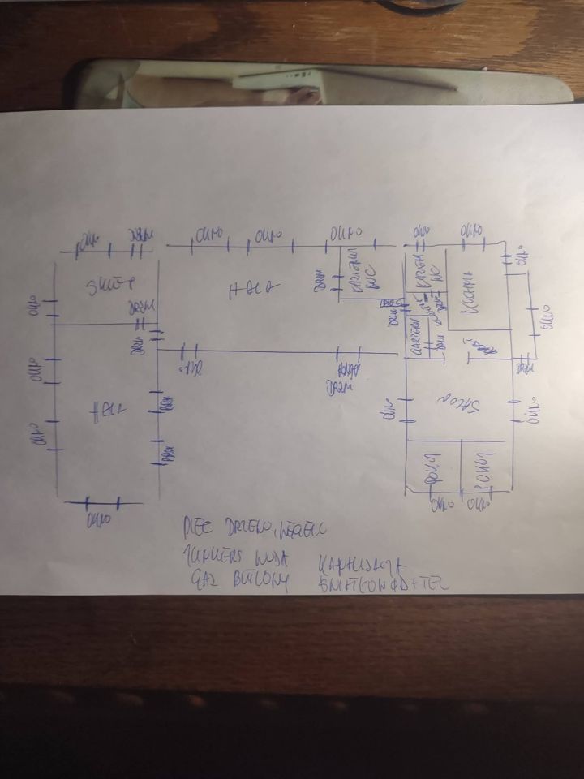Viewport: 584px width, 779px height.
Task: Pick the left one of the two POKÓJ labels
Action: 432,467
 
